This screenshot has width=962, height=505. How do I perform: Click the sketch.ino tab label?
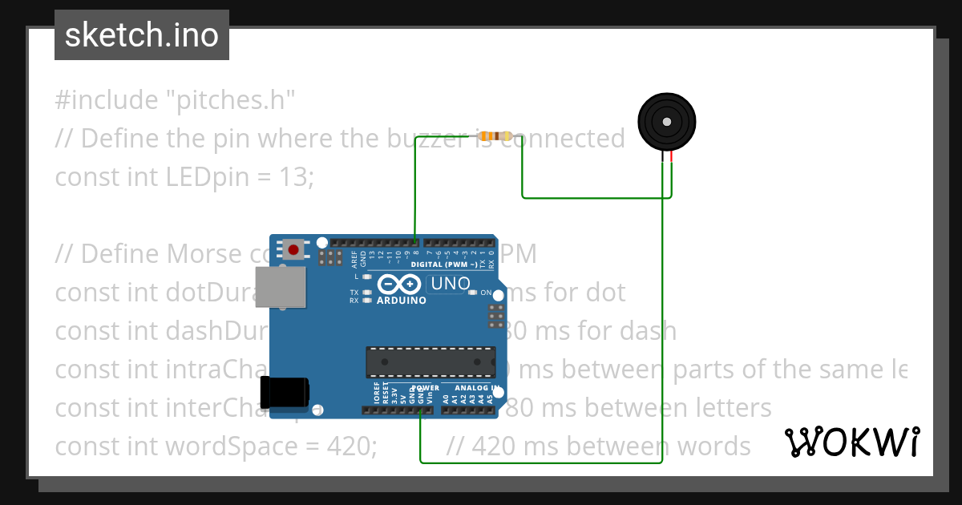click(x=142, y=35)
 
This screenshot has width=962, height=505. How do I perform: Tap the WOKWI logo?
click(x=852, y=442)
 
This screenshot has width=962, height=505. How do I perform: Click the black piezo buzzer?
click(x=665, y=122)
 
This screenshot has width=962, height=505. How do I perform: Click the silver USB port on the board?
click(x=281, y=287)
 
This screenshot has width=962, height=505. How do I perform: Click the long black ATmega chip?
click(x=430, y=362)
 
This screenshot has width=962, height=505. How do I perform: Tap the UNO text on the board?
click(x=450, y=283)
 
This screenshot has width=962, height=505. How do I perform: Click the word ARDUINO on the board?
click(x=401, y=301)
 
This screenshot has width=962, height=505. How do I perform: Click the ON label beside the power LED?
click(x=486, y=293)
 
